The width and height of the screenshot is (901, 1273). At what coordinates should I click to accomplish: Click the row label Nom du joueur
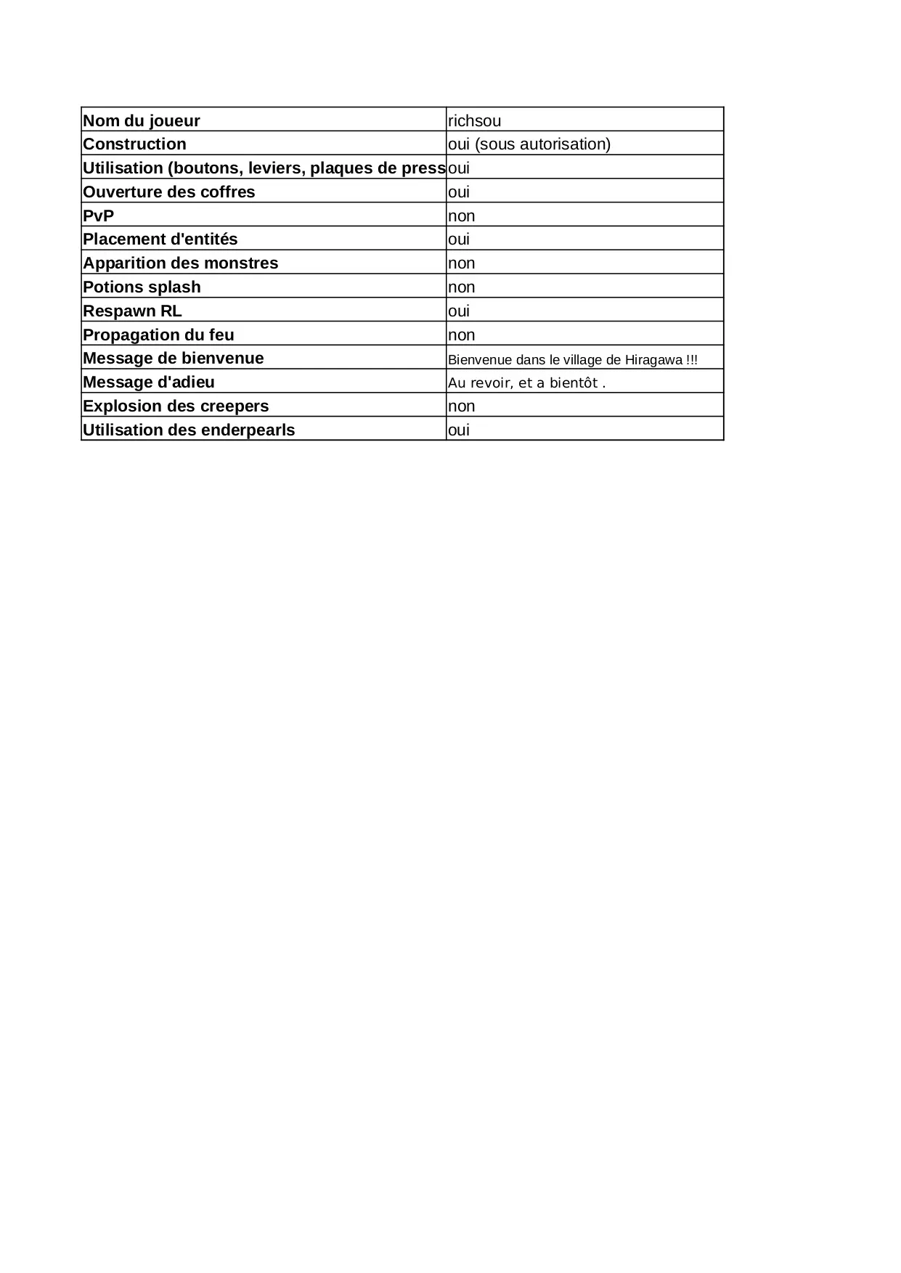click(142, 120)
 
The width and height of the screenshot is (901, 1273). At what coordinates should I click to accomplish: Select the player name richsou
click(474, 120)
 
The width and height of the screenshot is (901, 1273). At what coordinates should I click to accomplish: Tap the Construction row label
click(134, 144)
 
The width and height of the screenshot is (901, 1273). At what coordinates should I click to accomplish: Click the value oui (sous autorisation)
click(529, 144)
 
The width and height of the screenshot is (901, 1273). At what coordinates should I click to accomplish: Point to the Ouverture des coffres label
click(169, 192)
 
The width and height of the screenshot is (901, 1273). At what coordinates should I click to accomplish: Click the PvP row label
click(99, 216)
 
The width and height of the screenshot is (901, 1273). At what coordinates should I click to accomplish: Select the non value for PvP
click(461, 216)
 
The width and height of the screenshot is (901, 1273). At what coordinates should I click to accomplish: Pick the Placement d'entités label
click(160, 239)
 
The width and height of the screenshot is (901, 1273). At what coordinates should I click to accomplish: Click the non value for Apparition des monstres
click(461, 263)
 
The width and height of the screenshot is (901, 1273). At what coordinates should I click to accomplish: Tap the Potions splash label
click(142, 287)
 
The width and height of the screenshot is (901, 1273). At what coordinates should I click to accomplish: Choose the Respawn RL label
click(132, 311)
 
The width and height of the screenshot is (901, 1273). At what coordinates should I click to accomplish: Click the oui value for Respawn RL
click(459, 311)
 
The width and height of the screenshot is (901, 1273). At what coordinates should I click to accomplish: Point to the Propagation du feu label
click(158, 335)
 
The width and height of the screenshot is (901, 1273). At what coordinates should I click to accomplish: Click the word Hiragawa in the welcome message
click(653, 360)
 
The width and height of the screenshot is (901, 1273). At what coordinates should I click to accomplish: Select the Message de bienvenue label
click(174, 358)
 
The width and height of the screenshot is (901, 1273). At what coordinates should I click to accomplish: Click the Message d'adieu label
click(149, 382)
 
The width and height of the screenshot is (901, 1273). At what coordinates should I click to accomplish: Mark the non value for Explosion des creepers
click(461, 406)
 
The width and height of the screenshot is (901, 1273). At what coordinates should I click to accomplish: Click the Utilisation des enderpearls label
click(189, 430)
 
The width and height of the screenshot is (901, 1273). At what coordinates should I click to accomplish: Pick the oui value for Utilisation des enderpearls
click(459, 430)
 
